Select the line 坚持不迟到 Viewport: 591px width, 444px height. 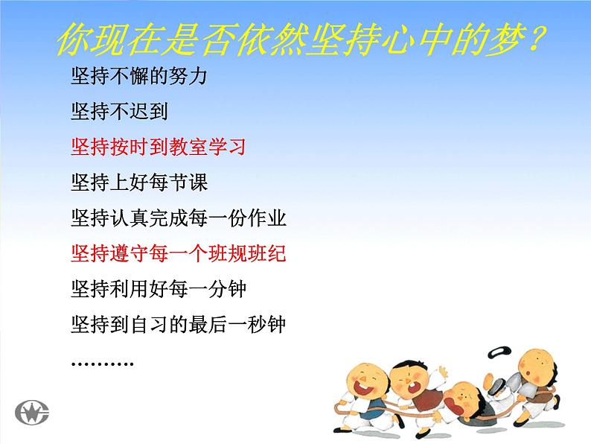119,112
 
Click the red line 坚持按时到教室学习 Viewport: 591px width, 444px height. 158,147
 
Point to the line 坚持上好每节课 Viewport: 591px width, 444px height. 139,183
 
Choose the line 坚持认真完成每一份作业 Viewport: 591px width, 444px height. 179,218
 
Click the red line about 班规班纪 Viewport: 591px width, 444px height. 179,254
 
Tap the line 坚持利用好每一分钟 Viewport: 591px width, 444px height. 158,289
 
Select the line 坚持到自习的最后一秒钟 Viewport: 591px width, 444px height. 179,325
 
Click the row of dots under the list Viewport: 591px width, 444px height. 102,363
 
